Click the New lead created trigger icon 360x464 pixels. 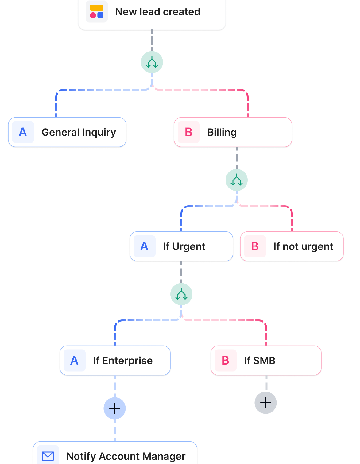pos(97,12)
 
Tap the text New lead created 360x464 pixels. pos(157,12)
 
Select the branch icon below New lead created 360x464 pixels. pos(152,62)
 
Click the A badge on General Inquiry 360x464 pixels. pos(23,132)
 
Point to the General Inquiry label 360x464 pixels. pos(79,132)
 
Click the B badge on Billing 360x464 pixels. pos(189,132)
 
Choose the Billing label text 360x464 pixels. pos(222,132)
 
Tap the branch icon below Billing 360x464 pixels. pos(237,180)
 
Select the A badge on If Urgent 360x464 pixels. pos(145,246)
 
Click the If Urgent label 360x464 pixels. pos(184,246)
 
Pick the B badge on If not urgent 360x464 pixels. pos(255,246)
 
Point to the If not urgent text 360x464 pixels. pos(303,246)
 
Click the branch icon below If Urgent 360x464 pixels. pos(181,294)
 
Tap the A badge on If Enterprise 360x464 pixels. pos(75,361)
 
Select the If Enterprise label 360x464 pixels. pos(123,361)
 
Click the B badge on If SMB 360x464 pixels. pos(226,361)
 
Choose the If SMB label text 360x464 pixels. pos(260,361)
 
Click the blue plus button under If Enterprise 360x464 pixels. pos(115,408)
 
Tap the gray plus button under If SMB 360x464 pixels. pos(266,403)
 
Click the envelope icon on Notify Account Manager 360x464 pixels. pos(48,456)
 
